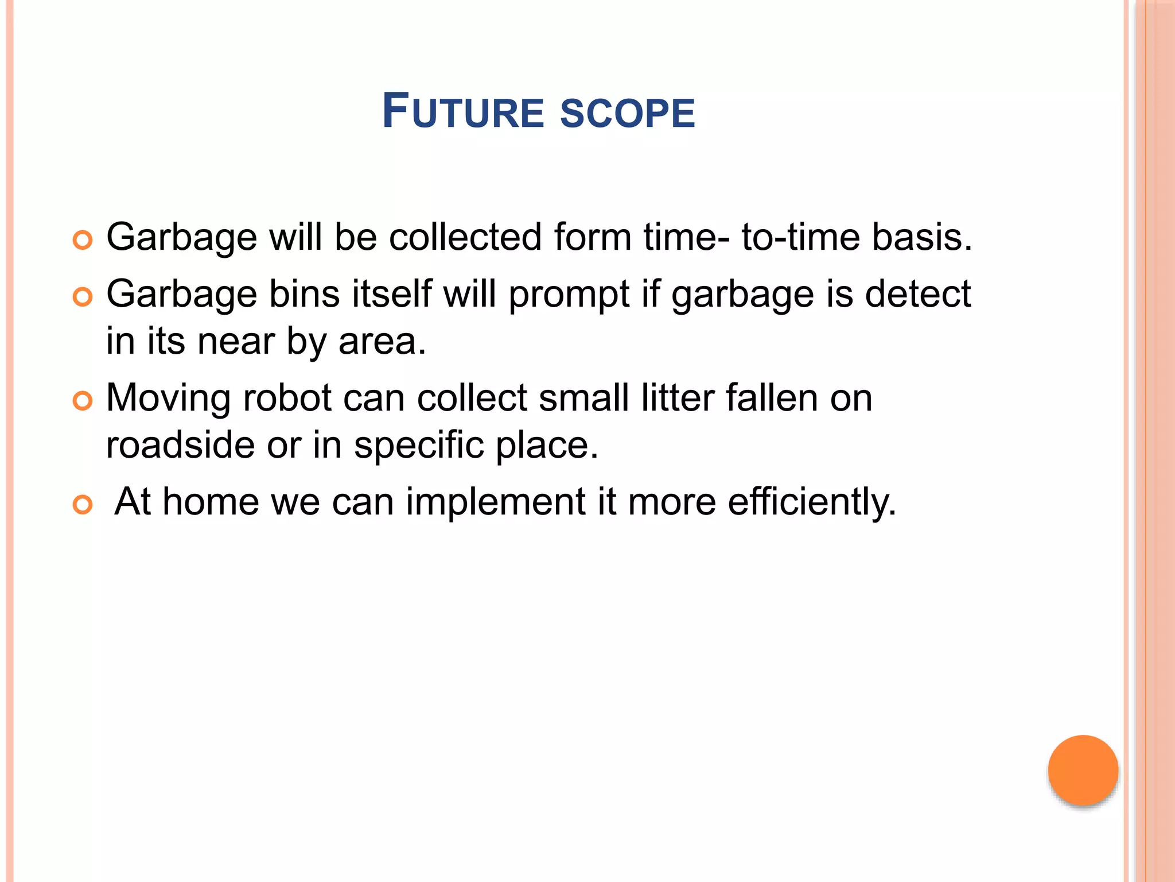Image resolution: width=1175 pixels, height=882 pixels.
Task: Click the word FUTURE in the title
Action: [462, 111]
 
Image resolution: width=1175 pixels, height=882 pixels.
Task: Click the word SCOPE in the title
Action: [627, 113]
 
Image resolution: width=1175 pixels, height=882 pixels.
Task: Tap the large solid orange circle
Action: [1083, 770]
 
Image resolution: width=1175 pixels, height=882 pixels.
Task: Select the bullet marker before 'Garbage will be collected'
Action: [83, 240]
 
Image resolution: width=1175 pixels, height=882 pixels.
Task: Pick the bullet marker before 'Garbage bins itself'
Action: [83, 297]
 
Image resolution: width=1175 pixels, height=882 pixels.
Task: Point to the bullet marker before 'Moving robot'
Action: [83, 401]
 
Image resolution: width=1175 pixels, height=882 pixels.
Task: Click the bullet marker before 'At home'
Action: [83, 505]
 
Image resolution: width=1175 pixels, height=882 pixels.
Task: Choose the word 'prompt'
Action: [569, 295]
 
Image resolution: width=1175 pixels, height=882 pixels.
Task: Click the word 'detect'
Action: [917, 294]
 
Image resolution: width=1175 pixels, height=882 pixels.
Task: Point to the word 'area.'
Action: [382, 341]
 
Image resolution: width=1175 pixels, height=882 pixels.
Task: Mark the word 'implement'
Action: [496, 502]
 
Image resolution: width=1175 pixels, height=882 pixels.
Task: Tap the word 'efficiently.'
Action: [812, 502]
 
